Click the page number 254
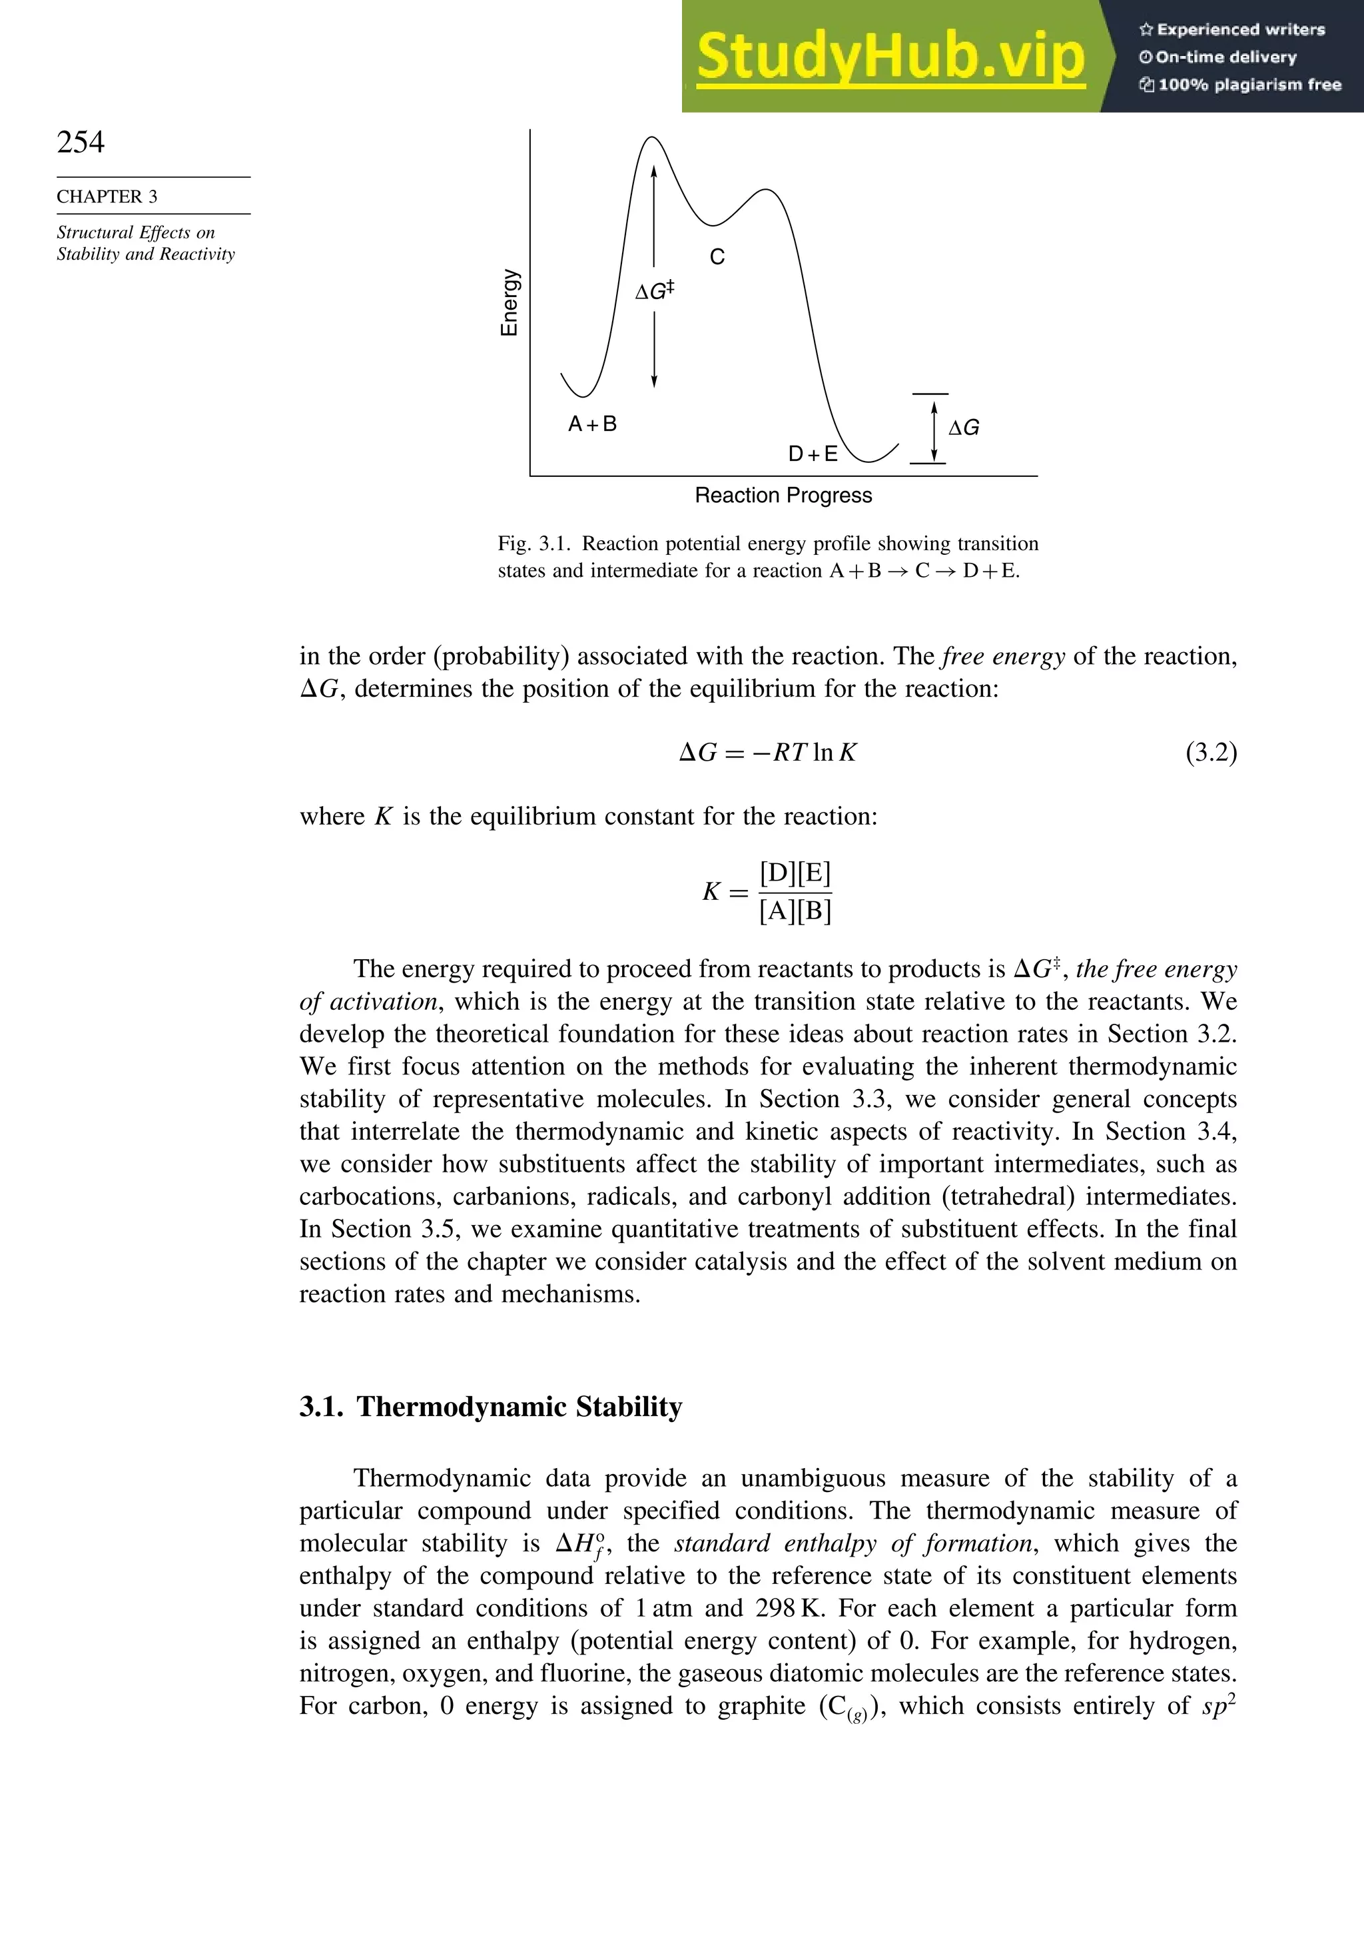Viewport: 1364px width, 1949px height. point(81,142)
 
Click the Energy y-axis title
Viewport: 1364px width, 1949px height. point(510,303)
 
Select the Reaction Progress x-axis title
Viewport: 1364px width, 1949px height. point(783,496)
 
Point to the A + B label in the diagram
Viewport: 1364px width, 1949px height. point(593,424)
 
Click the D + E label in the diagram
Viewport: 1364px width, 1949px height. point(813,454)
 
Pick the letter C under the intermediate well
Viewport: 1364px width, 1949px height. point(717,257)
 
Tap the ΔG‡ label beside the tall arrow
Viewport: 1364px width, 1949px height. point(655,291)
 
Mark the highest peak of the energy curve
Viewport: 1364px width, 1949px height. point(652,137)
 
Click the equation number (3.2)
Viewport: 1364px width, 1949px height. point(1211,753)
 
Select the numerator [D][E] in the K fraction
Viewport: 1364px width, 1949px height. point(795,873)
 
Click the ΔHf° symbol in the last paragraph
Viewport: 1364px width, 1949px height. point(579,1544)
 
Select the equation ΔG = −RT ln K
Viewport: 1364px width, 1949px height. point(768,753)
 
